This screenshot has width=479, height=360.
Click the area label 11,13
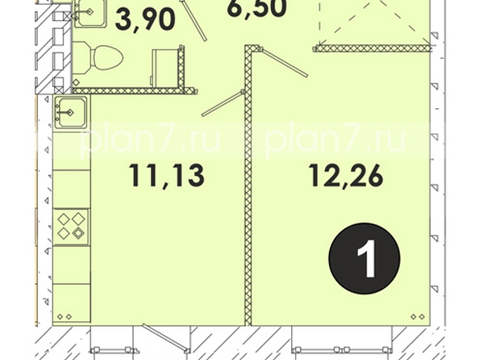(x=166, y=176)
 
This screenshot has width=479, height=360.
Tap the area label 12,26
(x=346, y=176)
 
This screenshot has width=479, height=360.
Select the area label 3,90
(x=145, y=19)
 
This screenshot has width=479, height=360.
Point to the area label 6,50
(x=256, y=7)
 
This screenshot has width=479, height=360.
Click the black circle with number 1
(x=364, y=259)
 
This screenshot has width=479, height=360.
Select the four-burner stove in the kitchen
(x=71, y=227)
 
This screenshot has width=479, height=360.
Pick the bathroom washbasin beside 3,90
(x=89, y=13)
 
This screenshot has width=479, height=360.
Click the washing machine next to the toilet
(x=166, y=68)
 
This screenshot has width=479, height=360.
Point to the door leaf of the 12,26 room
(x=284, y=62)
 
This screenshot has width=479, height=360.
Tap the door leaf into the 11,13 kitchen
(x=223, y=103)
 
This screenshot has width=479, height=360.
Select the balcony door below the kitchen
(x=165, y=338)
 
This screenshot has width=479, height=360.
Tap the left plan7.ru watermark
(x=150, y=140)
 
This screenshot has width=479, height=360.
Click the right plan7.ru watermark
(x=335, y=140)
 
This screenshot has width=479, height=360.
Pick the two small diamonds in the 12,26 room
(x=418, y=317)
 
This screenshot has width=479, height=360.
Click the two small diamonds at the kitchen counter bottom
(x=65, y=317)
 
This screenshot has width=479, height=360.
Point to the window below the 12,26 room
(x=341, y=350)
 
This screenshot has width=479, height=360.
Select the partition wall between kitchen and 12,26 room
(x=248, y=186)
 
